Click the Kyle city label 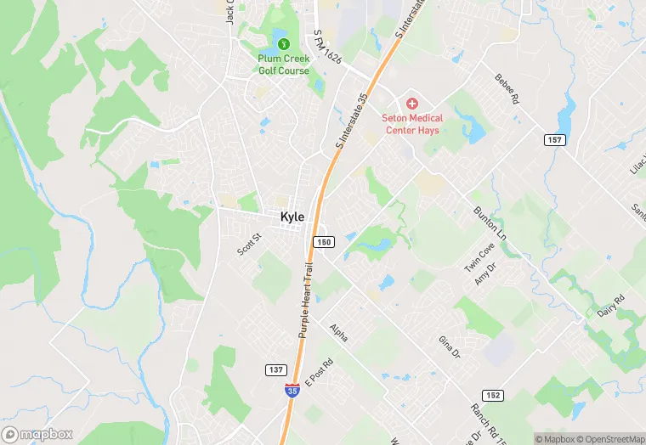[292, 217]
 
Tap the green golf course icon [284, 44]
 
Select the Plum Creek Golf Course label [284, 65]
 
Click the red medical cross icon [412, 103]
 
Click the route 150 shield [323, 242]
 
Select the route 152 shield [492, 395]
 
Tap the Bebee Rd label [507, 89]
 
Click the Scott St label [248, 246]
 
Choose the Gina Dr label [448, 346]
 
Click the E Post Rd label [320, 371]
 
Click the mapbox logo [38, 434]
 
